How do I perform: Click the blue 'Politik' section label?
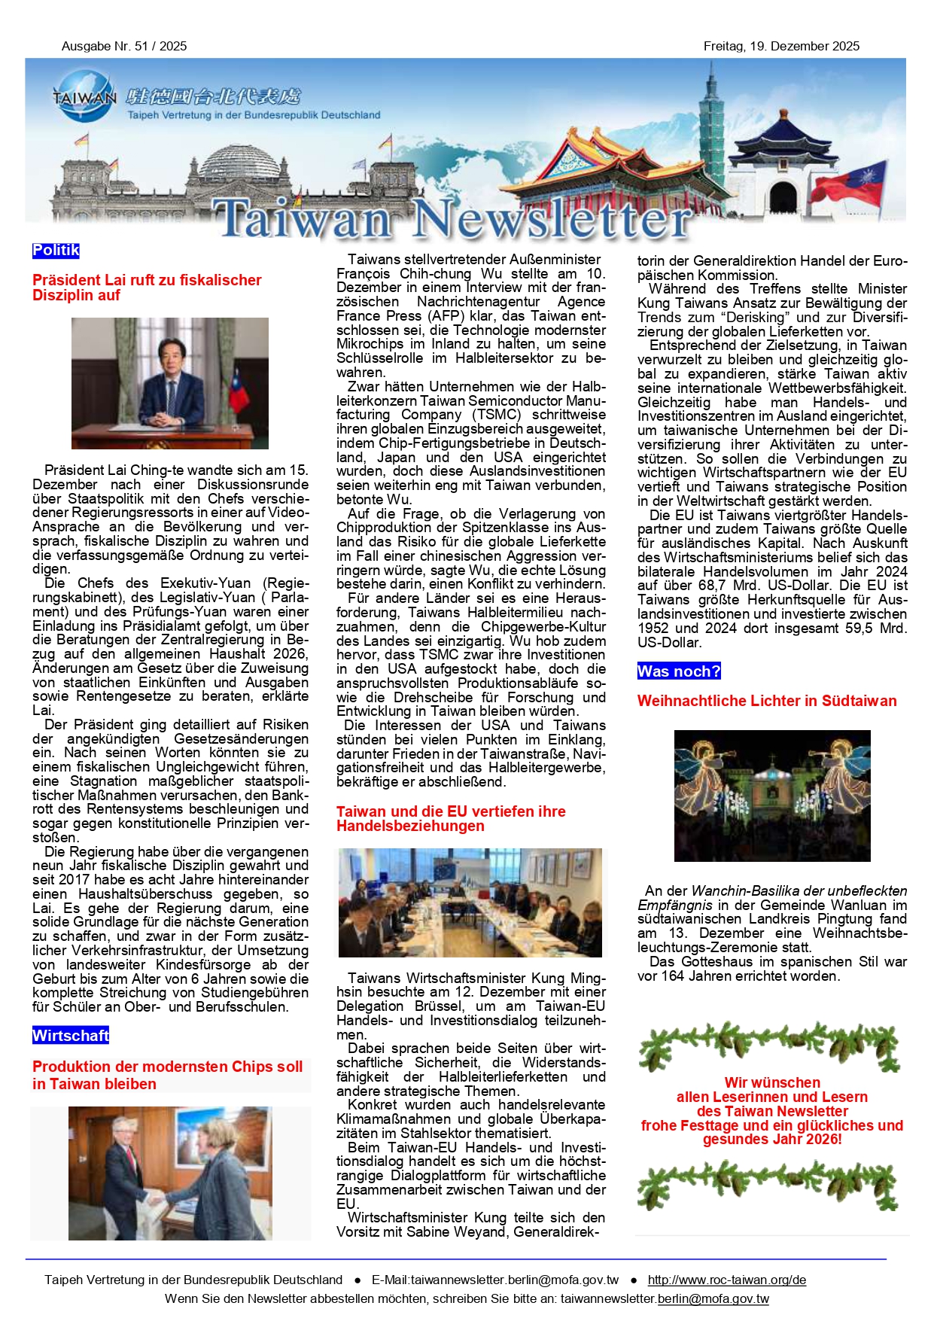(56, 251)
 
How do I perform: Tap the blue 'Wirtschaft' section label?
(71, 1036)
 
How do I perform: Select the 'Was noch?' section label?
(679, 671)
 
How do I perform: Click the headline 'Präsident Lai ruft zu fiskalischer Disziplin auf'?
(147, 288)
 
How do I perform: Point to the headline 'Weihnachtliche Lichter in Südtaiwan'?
(767, 701)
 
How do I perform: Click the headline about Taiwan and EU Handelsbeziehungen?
(451, 819)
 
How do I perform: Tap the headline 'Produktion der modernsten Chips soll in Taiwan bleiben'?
(168, 1076)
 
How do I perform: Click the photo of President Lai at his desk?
(170, 383)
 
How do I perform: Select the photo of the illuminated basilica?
(772, 796)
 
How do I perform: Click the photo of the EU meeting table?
(470, 902)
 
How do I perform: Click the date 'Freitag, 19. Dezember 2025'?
(781, 46)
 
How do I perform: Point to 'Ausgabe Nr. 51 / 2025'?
(124, 46)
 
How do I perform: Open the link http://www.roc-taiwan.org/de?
(726, 1280)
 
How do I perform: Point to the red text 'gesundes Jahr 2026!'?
(772, 1140)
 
